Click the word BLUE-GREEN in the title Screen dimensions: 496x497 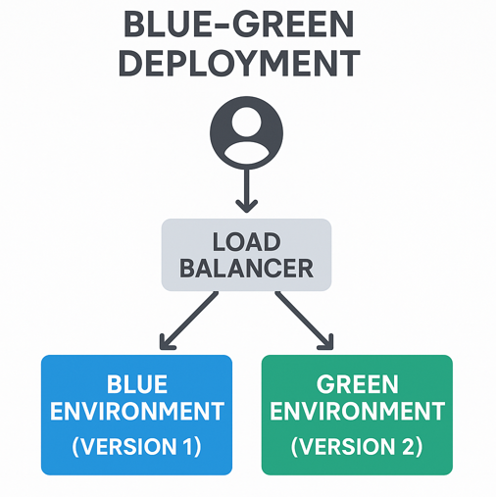pos(239,24)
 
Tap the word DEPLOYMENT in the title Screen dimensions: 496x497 pos(239,63)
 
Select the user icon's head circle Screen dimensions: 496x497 pos(246,122)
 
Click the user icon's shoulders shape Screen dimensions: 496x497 pos(246,152)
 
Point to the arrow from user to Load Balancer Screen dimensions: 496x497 pos(247,190)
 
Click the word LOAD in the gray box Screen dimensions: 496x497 pos(247,242)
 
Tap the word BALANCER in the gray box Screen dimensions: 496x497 pos(246,269)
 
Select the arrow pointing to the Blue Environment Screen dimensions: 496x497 pos(188,321)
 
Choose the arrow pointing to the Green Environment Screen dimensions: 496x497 pos(304,321)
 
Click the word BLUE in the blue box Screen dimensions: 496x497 pos(137,384)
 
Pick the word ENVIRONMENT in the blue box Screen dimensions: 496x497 pos(137,411)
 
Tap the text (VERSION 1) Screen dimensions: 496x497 pos(136,446)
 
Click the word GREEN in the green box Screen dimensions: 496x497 pos(357,384)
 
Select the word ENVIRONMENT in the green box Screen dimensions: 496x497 pos(357,411)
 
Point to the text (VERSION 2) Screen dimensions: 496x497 pos(357,446)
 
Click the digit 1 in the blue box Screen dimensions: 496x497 pos(188,446)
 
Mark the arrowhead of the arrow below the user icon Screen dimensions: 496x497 pos(247,206)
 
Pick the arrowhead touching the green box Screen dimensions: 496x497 pos(327,343)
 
